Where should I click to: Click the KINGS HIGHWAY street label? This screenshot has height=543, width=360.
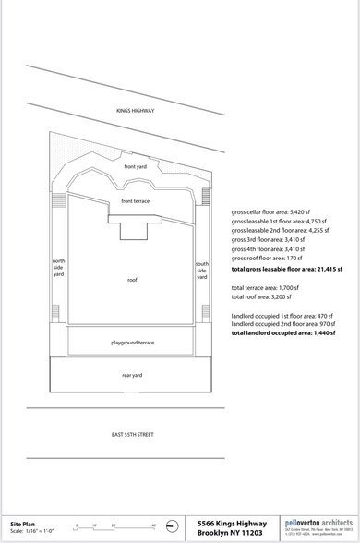pos(135,112)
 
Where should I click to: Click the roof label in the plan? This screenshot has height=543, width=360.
pos(132,277)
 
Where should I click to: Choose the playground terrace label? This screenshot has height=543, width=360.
pos(133,343)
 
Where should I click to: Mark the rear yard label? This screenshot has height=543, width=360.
pos(133,375)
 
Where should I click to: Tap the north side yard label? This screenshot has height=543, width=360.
pos(58,268)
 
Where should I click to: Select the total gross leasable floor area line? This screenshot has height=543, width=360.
pos(287,269)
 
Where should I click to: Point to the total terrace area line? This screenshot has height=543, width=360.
pos(265,288)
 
